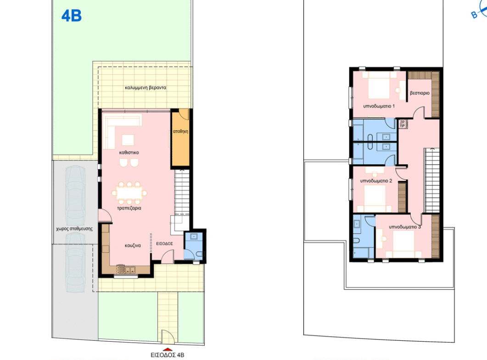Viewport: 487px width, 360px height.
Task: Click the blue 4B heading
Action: coord(72,16)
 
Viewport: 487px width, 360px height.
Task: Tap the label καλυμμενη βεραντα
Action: coord(146,88)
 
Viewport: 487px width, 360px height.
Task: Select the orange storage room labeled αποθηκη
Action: coord(180,138)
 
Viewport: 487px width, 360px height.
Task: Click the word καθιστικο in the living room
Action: coord(129,153)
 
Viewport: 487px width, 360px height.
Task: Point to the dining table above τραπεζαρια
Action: coord(129,193)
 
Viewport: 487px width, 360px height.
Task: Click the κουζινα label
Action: coord(133,245)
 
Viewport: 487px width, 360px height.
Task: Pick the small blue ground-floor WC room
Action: coord(193,246)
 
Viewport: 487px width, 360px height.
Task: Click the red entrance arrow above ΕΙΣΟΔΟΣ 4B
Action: coord(168,349)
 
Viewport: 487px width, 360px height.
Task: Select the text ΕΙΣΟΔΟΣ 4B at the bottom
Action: coord(168,355)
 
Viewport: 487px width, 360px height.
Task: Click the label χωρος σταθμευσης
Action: coord(74,229)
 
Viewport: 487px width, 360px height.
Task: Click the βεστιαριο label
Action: coord(420,93)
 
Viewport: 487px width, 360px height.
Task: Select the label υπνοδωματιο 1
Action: coord(379,106)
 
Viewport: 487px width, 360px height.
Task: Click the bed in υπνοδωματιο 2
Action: coord(375,199)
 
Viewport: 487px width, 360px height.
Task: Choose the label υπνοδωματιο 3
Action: coord(405,227)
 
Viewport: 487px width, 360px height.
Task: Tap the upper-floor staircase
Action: coord(432,180)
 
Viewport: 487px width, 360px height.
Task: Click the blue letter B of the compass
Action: coord(474,15)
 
